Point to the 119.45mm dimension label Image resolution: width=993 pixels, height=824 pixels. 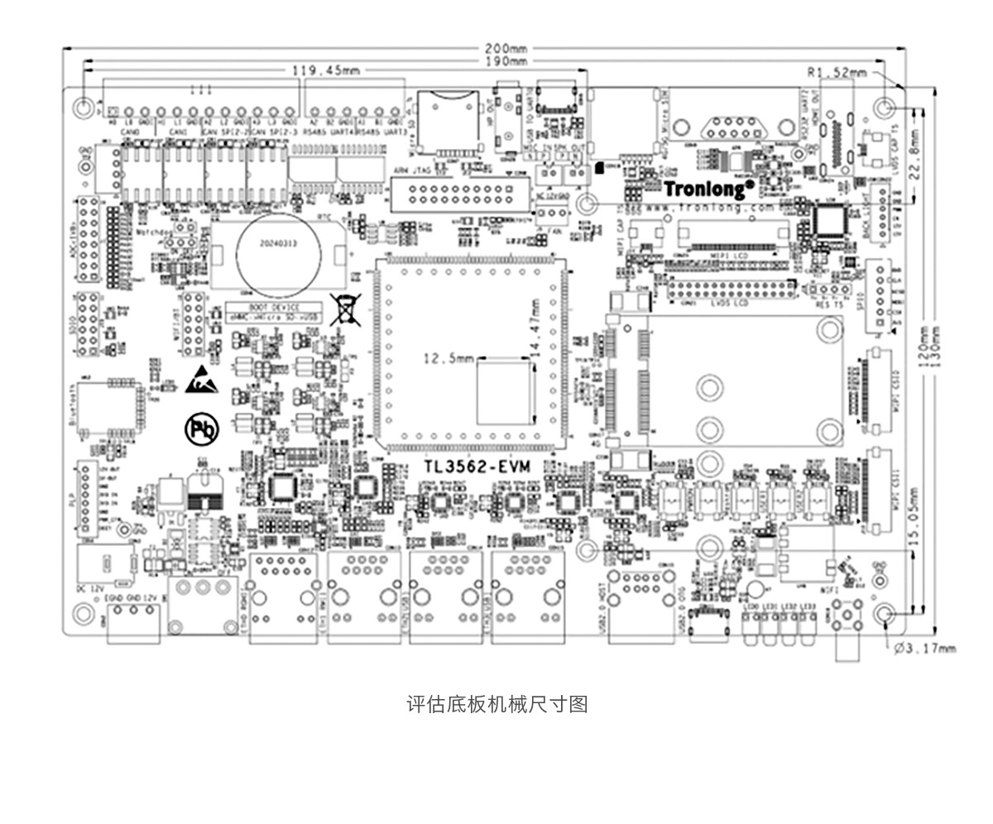[326, 71]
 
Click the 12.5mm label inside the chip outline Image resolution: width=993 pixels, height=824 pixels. [449, 358]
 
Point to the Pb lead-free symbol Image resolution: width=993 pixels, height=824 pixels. [199, 429]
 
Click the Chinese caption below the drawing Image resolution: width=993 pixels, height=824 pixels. [496, 704]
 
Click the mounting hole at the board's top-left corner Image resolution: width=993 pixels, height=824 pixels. [83, 108]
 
